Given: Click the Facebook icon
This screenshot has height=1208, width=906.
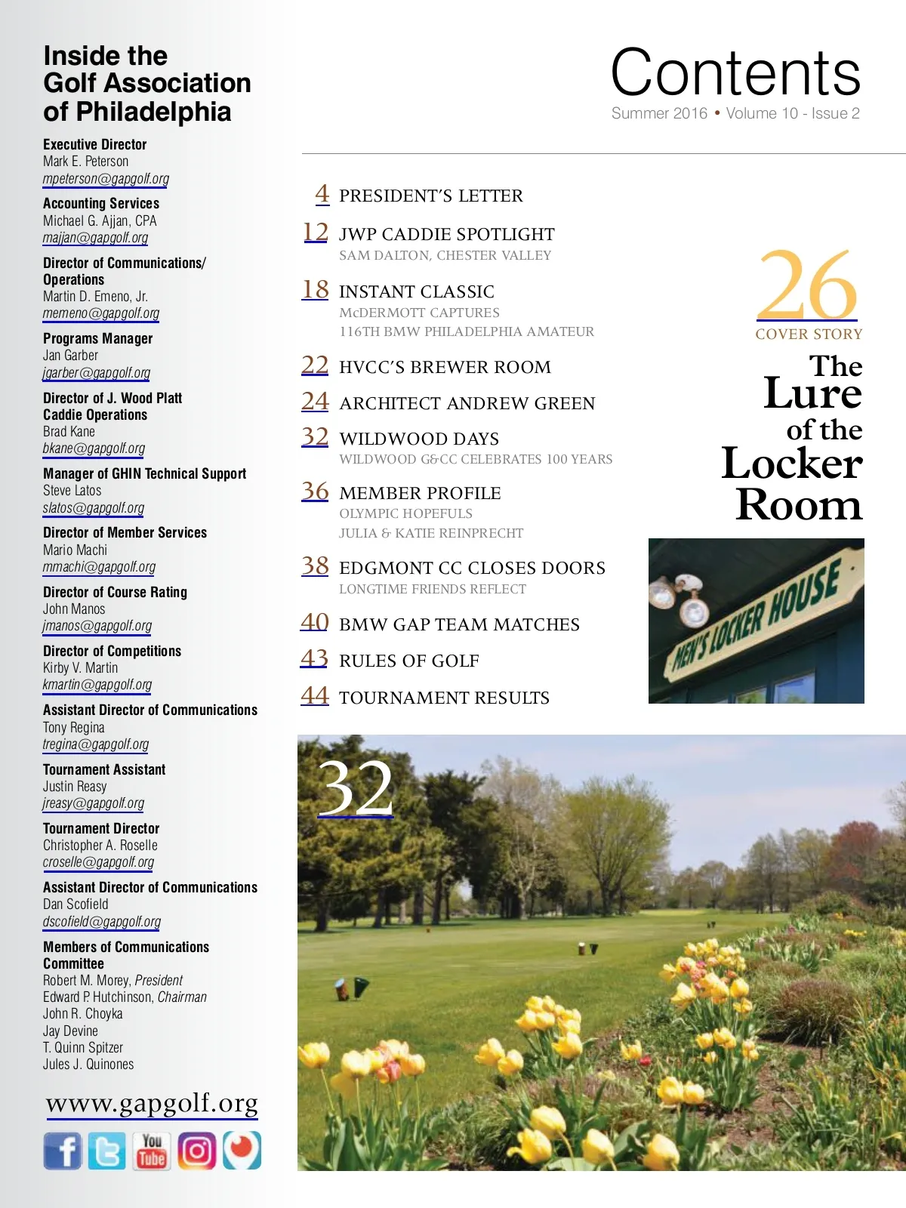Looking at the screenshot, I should click(x=63, y=1151).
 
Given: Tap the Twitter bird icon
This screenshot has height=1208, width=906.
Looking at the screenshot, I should click(x=106, y=1151).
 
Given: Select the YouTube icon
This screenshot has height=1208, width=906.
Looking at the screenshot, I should click(x=152, y=1151).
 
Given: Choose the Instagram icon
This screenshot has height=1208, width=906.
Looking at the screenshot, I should click(x=197, y=1151).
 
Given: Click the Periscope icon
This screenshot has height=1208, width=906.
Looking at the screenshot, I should click(x=242, y=1151).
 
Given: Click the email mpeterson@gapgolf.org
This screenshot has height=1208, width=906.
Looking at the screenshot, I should click(x=106, y=179).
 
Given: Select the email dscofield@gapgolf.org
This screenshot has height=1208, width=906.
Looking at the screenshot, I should click(x=102, y=922).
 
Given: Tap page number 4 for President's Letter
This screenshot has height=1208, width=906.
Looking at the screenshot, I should click(x=322, y=194).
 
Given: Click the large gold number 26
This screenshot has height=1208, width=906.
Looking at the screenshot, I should click(x=807, y=285).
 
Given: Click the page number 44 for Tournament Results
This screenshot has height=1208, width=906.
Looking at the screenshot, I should click(x=315, y=695).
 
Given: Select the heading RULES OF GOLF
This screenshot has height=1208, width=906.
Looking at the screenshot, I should click(x=409, y=661).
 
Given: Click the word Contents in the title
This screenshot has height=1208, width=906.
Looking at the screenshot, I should click(x=735, y=72).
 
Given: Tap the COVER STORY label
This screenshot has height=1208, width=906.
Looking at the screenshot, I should click(x=809, y=334).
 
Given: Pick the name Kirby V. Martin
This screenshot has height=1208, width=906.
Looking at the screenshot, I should click(x=80, y=668).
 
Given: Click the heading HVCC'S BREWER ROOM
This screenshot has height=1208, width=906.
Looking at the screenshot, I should click(x=445, y=368).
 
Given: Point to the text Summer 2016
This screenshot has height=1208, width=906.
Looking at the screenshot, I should click(x=659, y=113).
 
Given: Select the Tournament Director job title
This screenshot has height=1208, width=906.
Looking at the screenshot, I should click(x=101, y=829).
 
